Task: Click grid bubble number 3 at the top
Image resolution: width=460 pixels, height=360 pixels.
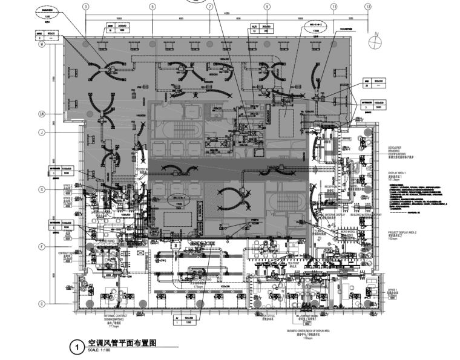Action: click(86, 6)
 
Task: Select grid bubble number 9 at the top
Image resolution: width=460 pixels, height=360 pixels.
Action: click(266, 6)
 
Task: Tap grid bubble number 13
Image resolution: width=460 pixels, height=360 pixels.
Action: click(367, 6)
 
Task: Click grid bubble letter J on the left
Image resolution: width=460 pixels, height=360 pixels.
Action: click(42, 132)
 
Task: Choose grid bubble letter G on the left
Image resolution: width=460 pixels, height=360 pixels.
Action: click(42, 190)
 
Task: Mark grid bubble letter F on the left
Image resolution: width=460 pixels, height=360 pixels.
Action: click(42, 246)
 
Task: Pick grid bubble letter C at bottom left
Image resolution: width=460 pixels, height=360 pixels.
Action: click(42, 304)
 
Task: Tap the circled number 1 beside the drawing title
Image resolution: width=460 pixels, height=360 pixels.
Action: click(77, 347)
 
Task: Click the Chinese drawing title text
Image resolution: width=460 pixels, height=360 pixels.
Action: click(122, 343)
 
